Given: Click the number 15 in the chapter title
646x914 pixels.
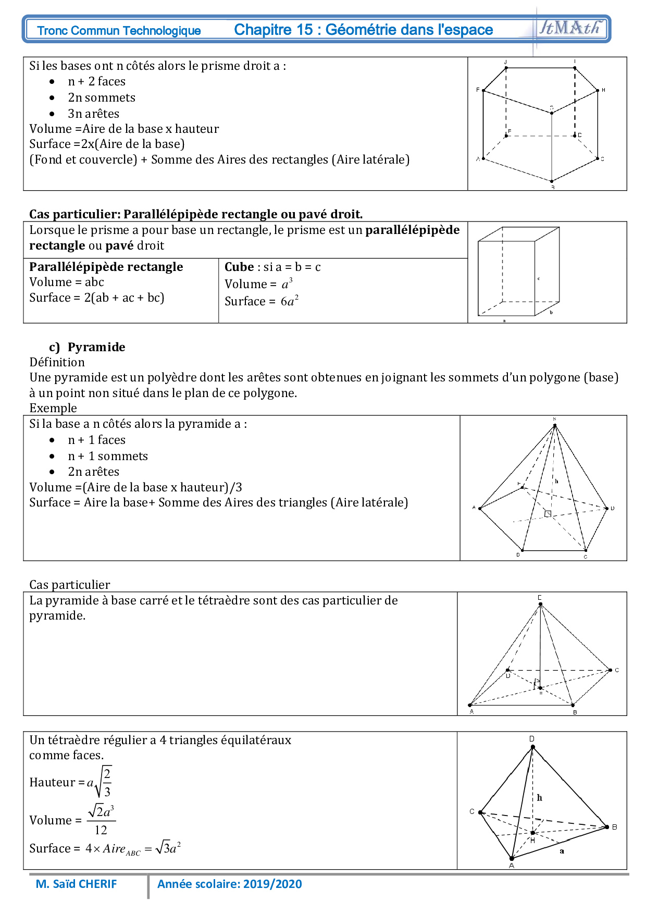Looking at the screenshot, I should (x=304, y=30).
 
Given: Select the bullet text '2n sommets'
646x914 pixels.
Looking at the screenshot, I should (x=102, y=97).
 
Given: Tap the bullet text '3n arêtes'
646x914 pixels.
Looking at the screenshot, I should (x=93, y=114).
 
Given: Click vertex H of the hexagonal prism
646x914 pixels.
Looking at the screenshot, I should (x=598, y=91).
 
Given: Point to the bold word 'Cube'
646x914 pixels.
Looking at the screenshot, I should (x=239, y=267).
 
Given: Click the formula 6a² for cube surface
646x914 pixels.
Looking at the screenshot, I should (x=289, y=301).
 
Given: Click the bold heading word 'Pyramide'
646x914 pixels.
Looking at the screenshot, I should (x=96, y=347).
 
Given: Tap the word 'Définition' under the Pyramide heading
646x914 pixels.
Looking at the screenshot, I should (x=57, y=362).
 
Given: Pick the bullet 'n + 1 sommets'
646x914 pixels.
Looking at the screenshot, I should (x=108, y=456).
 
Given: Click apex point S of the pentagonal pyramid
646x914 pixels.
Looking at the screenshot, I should (x=555, y=425).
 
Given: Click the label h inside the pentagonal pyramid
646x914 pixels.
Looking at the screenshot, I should (x=556, y=481).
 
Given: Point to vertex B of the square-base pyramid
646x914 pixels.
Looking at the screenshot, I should (x=573, y=706).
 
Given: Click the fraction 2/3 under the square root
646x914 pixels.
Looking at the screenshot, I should (x=107, y=782).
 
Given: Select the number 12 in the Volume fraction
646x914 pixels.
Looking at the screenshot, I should (x=101, y=830).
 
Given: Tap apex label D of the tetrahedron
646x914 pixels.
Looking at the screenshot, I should (x=532, y=739).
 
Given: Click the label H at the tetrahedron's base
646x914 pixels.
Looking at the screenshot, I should (x=532, y=839).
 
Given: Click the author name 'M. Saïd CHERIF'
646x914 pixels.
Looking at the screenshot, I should (x=76, y=884).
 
